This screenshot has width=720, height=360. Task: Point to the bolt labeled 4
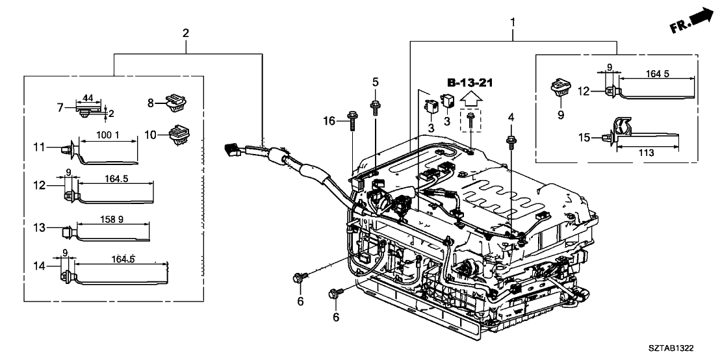point(511,139)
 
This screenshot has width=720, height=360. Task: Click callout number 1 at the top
point(513,23)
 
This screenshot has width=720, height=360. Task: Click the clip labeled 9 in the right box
point(559,88)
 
